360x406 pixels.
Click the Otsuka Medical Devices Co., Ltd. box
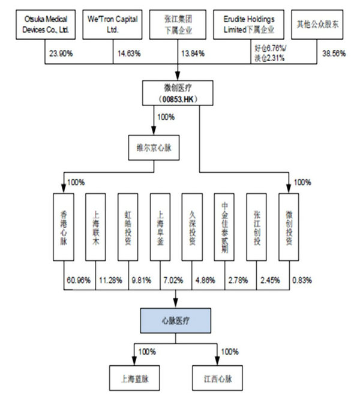click(45, 24)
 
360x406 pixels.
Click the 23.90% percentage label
click(59, 53)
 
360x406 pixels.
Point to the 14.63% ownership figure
click(128, 53)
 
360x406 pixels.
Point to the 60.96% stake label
click(79, 279)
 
